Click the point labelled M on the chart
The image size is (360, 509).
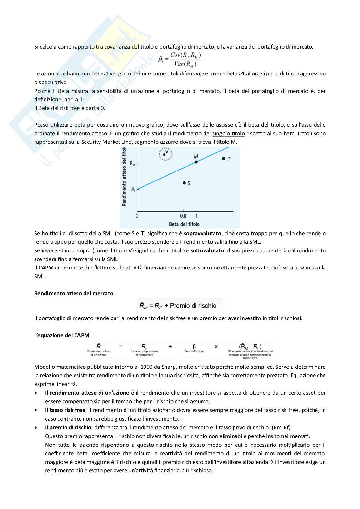click(196, 162)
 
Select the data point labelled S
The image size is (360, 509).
click(184, 183)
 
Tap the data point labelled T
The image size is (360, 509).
click(223, 158)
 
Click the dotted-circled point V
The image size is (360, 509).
click(164, 154)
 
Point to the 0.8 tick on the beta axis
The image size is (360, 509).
click(183, 216)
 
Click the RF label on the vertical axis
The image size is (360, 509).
click(133, 190)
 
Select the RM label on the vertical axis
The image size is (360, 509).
click(133, 163)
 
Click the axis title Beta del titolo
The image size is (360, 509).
click(184, 224)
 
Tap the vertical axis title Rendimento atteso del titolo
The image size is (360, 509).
click(124, 177)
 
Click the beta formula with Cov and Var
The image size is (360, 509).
click(180, 59)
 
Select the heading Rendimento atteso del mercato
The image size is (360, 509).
click(74, 293)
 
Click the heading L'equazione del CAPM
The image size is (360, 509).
click(62, 335)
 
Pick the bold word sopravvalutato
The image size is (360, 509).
click(203, 233)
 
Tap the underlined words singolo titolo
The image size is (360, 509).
click(228, 133)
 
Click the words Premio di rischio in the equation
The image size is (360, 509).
click(193, 305)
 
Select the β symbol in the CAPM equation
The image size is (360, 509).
click(194, 347)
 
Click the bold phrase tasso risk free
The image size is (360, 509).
click(67, 410)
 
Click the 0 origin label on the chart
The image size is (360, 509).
click(137, 216)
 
